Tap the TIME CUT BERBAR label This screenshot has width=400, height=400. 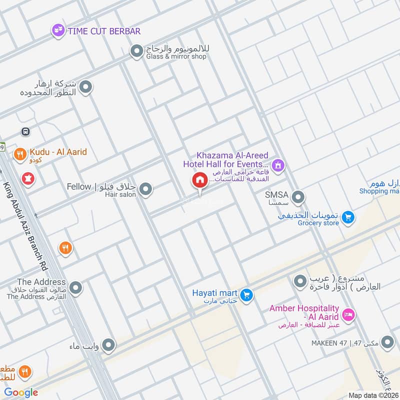[x=104, y=31]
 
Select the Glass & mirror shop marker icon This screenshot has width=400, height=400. [x=136, y=51]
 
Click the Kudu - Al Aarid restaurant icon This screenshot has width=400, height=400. [x=20, y=154]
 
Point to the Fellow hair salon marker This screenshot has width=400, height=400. [x=145, y=189]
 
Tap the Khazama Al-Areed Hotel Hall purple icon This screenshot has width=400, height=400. [x=278, y=164]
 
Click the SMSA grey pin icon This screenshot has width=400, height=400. [x=298, y=197]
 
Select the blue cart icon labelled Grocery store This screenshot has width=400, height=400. [x=348, y=217]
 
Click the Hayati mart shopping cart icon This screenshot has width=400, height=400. [x=245, y=295]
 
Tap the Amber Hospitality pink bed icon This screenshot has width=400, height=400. [x=349, y=315]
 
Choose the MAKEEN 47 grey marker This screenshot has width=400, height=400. [x=387, y=342]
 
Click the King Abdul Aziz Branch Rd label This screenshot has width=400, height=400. [x=27, y=220]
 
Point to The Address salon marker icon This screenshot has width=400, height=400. [x=75, y=288]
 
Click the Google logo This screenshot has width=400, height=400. [x=21, y=392]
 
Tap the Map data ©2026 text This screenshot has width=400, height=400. [x=372, y=395]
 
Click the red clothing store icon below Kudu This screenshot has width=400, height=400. [x=28, y=178]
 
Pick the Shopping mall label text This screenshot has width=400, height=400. [x=386, y=191]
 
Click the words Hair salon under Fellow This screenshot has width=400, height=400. [x=120, y=194]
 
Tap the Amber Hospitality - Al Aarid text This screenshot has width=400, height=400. [x=304, y=313]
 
